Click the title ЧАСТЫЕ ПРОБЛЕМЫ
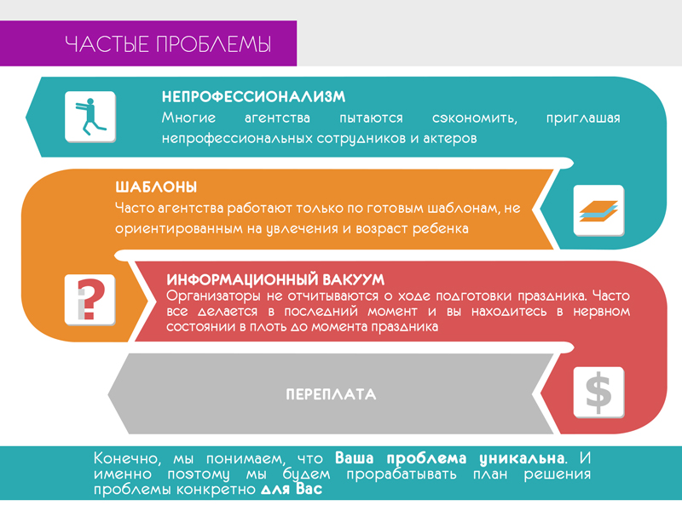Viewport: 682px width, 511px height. (168, 44)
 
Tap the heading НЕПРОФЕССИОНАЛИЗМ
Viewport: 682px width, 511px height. (253, 97)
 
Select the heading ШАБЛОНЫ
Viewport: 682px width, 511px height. (156, 187)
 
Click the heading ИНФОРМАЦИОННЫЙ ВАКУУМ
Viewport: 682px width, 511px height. (275, 279)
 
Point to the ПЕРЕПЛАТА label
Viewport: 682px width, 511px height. (331, 395)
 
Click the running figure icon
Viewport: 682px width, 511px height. (90, 117)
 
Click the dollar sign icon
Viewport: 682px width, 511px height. (598, 393)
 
